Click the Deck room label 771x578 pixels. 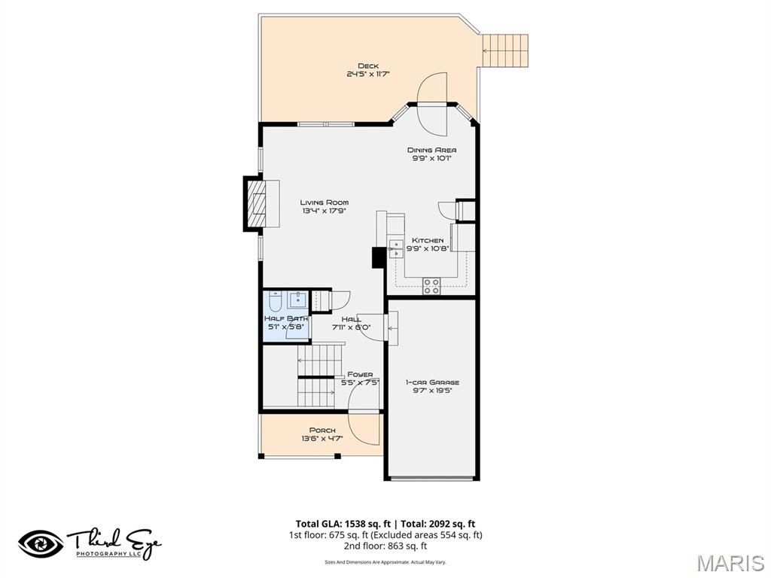coord(367,66)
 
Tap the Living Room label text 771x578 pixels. coord(324,202)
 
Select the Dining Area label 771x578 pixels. coord(431,150)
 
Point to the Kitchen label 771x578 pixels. coord(427,240)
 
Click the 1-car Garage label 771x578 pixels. coord(431,382)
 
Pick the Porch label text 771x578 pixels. coord(322,430)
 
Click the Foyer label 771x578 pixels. coord(359,374)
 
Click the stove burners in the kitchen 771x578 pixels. coord(431,285)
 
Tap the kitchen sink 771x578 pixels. coord(395,249)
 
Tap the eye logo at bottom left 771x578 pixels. coord(41,543)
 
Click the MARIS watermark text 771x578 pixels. coord(730,563)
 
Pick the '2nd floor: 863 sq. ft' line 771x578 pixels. coord(385,546)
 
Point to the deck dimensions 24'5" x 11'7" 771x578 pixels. coord(367,74)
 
